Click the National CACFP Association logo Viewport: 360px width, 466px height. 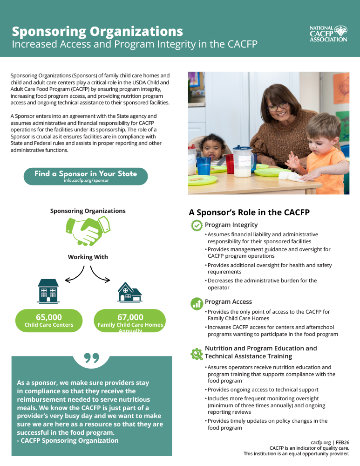[x=328, y=34]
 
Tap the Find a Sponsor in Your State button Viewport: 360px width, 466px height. [x=86, y=176]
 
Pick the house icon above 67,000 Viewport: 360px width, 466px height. [x=129, y=292]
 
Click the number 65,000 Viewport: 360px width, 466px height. [x=49, y=317]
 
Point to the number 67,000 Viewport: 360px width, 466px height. [x=130, y=317]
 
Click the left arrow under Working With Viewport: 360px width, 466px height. [x=75, y=275]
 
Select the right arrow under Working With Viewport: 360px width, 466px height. [x=100, y=275]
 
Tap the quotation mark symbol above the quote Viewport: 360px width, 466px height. [x=92, y=358]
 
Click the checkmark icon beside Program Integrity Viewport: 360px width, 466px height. [x=197, y=226]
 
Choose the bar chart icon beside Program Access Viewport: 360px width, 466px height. [x=197, y=303]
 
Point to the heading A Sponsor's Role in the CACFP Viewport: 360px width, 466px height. [x=249, y=212]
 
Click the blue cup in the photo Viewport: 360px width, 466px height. [x=204, y=165]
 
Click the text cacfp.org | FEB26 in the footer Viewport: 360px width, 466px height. [x=330, y=442]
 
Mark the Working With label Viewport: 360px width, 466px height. [x=88, y=257]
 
